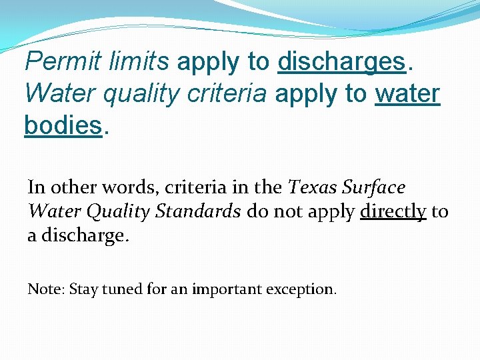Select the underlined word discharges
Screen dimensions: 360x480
342,62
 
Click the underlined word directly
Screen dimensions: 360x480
393,211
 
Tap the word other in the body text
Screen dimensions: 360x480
70,187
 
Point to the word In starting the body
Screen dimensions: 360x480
35,187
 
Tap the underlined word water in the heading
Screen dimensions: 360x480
407,94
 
